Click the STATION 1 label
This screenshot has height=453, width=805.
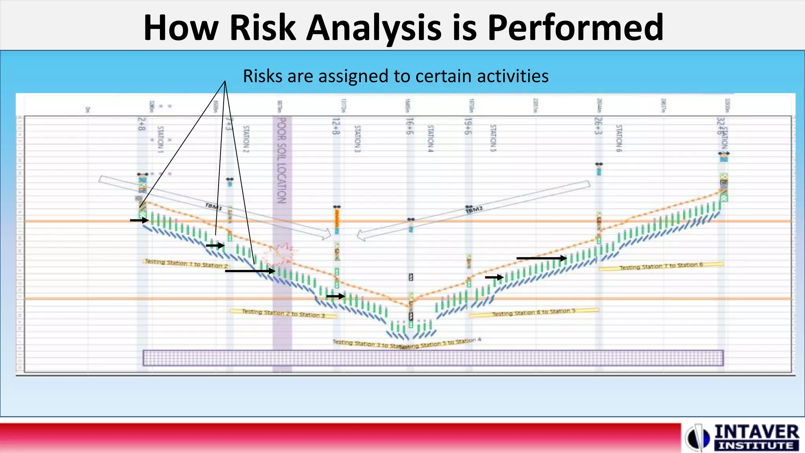(x=160, y=139)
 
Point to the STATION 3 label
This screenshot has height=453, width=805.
(x=357, y=139)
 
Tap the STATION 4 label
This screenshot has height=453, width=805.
(x=430, y=138)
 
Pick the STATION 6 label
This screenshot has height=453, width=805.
(x=619, y=138)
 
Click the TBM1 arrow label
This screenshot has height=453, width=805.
(x=213, y=206)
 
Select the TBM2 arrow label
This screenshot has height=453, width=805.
(x=474, y=210)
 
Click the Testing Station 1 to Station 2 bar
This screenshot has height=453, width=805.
(x=186, y=263)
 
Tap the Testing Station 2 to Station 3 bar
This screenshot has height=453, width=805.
(x=283, y=313)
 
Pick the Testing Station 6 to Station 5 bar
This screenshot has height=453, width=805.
(x=533, y=312)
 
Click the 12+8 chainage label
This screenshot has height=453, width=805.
(x=335, y=126)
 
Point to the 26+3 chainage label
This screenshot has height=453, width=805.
(x=598, y=126)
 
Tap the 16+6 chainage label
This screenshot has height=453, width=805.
(x=410, y=126)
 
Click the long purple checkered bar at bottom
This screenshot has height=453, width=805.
(x=433, y=358)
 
